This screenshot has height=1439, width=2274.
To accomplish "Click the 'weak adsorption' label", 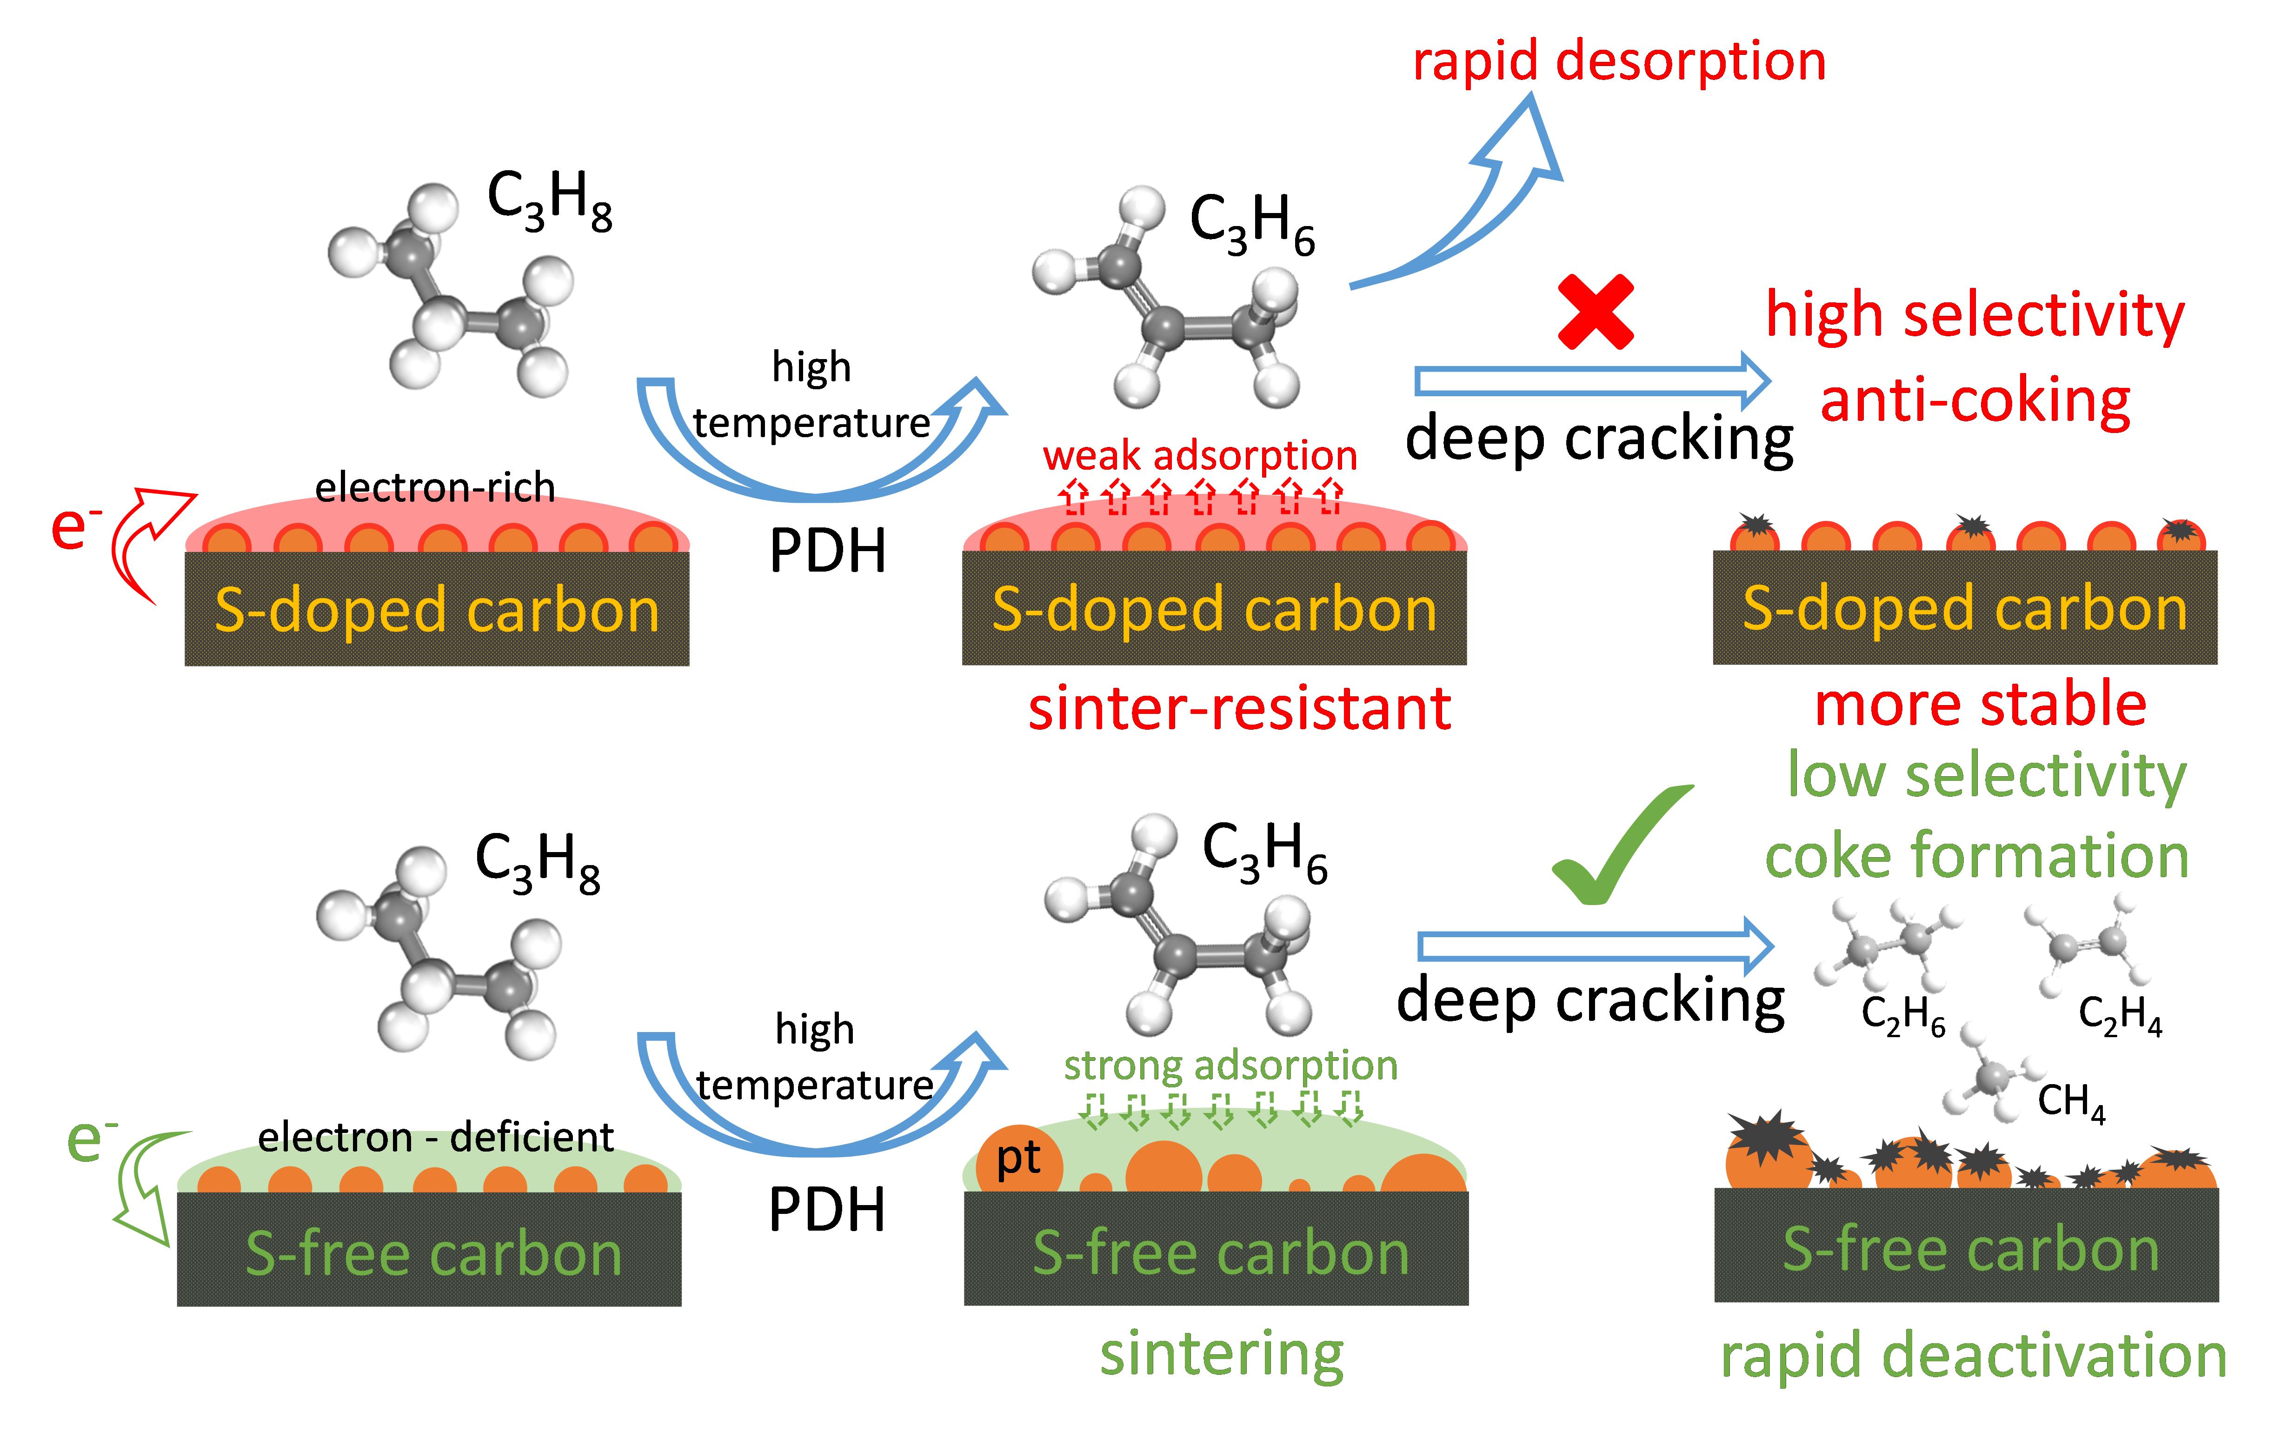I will point(1199,456).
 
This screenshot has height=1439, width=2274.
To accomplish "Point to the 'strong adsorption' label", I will point(1230,1065).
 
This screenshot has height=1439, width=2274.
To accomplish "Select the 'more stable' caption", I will point(1980,705).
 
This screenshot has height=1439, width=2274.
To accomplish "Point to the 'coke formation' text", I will point(1976,856).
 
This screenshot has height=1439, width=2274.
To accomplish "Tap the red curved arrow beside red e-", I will point(142,538).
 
